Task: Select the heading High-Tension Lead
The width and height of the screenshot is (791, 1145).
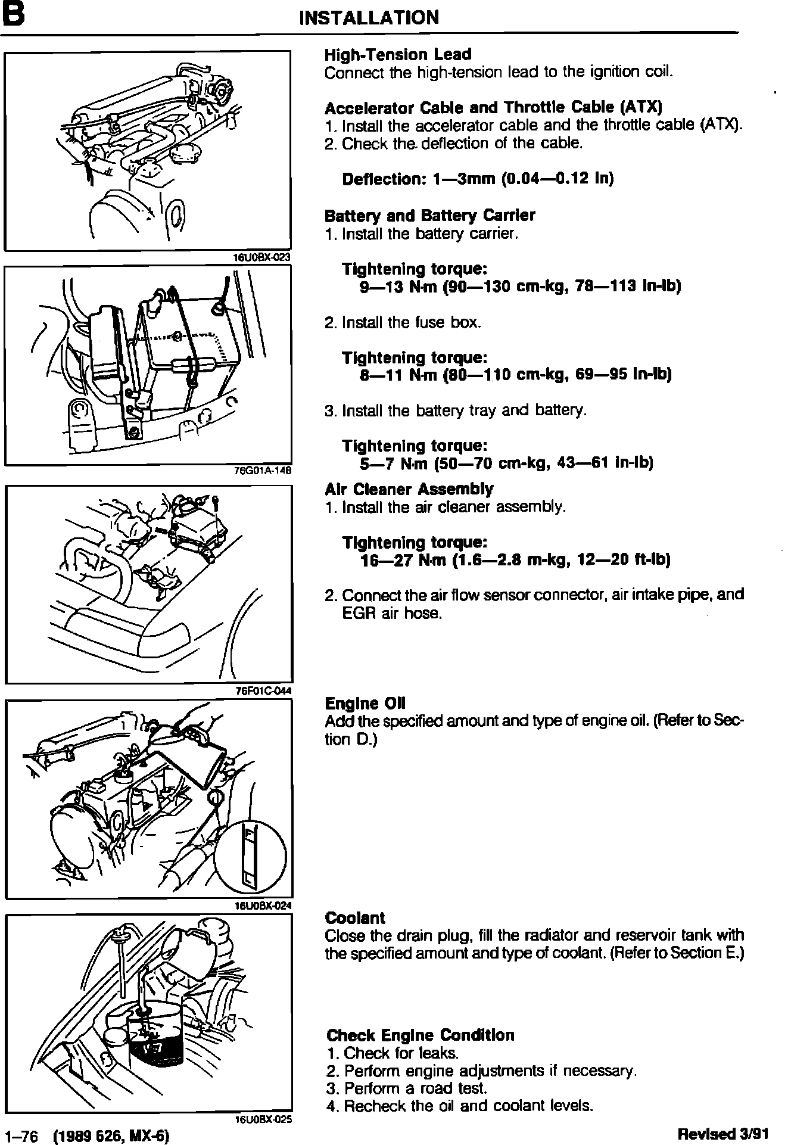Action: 398,55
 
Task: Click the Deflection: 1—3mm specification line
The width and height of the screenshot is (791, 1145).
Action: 478,179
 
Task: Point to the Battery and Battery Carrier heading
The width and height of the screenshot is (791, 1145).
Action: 429,215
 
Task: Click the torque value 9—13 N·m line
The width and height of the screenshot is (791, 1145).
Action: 520,287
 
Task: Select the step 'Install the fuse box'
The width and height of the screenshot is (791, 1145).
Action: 403,323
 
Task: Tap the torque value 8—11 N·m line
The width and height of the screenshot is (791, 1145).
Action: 516,375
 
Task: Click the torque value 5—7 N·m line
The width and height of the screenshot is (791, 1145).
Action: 506,463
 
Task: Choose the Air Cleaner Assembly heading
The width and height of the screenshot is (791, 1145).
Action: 409,490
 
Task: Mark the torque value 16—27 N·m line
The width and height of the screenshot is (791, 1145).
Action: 515,560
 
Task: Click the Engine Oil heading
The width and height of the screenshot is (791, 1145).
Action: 365,704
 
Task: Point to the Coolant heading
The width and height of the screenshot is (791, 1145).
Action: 355,918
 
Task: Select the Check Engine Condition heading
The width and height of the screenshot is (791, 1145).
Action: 421,1035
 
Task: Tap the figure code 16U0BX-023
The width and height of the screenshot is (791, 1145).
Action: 263,257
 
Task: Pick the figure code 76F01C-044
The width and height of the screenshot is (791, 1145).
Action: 263,691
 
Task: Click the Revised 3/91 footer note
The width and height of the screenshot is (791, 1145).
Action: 722,1134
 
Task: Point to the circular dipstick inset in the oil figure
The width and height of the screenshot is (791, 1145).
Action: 250,855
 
